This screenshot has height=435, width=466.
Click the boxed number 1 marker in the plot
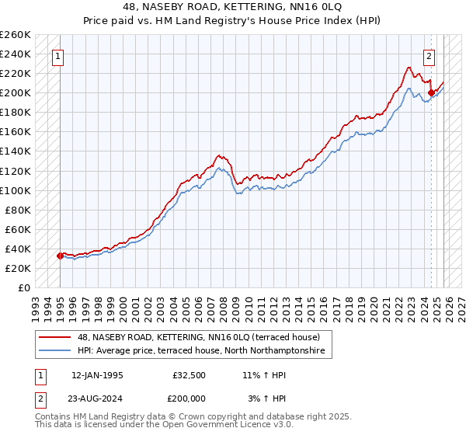pyautogui.click(x=58, y=56)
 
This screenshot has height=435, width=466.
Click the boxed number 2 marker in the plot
pyautogui.click(x=429, y=56)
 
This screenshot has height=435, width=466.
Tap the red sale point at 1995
pyautogui.click(x=60, y=256)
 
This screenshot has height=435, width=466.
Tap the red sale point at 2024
pyautogui.click(x=431, y=92)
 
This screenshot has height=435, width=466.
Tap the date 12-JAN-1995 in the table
pyautogui.click(x=96, y=374)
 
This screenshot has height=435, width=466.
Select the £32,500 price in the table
pyautogui.click(x=190, y=374)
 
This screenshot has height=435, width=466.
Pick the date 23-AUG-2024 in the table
pyautogui.click(x=96, y=398)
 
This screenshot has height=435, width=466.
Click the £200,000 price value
pyautogui.click(x=190, y=398)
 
